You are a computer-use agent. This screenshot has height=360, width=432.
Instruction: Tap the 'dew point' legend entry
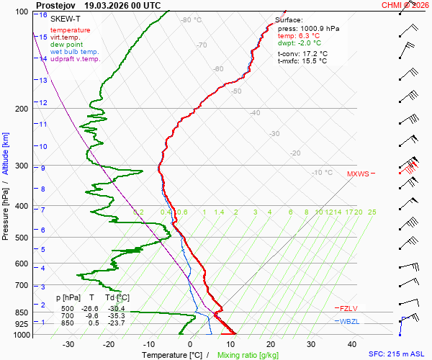pos(66,45)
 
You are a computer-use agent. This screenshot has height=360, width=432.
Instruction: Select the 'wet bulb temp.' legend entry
pos(74,52)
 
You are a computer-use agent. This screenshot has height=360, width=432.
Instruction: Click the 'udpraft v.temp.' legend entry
pos(75,58)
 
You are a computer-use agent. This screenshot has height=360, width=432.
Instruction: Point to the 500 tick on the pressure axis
pos(22,238)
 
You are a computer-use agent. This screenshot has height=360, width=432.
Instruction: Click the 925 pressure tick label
pos(22,324)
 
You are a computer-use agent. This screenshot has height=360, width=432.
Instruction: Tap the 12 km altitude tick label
pos(43,102)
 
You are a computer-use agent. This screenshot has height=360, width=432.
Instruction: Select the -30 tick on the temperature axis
pos(68,344)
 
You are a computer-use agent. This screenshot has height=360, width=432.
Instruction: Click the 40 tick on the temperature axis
pos(352,344)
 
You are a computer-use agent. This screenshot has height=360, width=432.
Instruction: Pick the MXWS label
pos(358,174)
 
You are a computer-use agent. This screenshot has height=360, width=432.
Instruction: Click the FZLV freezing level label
pos(348,308)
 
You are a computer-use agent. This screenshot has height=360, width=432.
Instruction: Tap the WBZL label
pos(349,321)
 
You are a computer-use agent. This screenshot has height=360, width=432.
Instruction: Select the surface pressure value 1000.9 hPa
pos(320,29)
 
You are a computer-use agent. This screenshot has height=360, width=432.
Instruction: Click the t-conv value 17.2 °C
pos(315,53)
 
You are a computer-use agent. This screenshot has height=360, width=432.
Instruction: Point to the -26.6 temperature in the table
pos(89,308)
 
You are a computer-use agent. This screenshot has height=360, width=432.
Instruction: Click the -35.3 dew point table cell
pos(116,315)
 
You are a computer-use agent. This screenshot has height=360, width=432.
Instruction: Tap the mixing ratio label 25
pos(372,212)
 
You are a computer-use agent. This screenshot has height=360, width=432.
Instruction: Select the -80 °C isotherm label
pos(192,20)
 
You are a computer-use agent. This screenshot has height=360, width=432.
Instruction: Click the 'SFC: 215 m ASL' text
pos(397,354)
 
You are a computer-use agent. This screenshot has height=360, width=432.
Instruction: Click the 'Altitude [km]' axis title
pos(5,153)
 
